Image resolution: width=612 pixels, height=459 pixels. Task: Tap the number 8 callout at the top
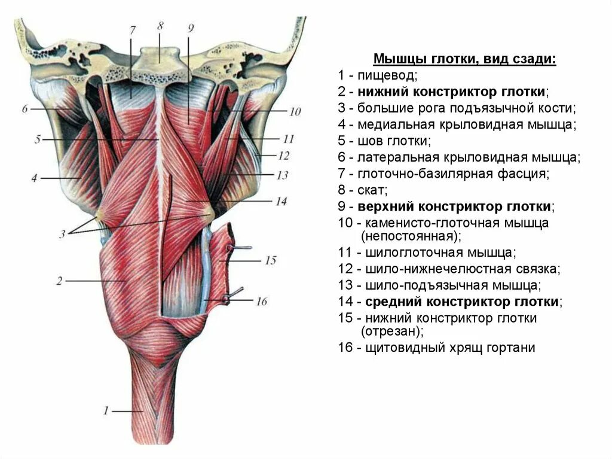[160, 26]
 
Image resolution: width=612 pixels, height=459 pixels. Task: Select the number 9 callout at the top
[189, 28]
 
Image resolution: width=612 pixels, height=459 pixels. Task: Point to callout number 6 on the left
[25, 109]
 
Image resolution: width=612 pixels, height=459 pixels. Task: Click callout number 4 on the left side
[34, 178]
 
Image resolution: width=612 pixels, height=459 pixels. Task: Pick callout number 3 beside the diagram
[62, 234]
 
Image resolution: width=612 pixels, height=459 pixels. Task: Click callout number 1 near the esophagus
[105, 411]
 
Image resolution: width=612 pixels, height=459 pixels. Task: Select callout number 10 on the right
[294, 112]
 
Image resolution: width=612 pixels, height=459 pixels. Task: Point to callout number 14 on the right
[281, 202]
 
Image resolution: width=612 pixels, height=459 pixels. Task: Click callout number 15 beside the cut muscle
[270, 260]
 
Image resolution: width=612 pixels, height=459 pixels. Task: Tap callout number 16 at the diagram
[261, 301]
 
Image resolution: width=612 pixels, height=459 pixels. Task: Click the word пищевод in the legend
[387, 76]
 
